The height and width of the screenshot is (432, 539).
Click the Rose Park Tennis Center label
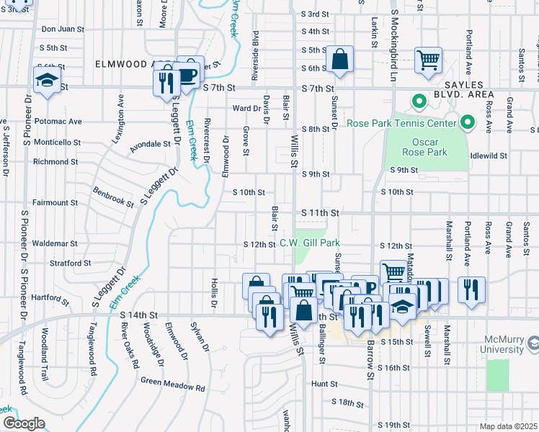[401, 123]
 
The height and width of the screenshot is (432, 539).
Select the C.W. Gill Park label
[309, 243]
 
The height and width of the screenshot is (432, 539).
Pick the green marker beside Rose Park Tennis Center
[467, 123]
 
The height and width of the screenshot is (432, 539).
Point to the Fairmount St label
[55, 203]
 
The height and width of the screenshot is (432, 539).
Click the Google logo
[24, 423]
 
